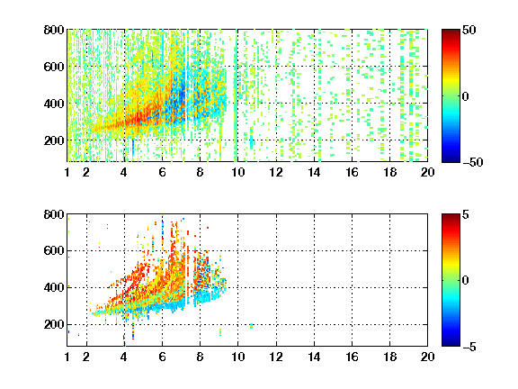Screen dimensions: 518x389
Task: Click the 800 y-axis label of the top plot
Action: (x=54, y=30)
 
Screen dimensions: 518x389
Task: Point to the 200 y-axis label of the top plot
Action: (x=54, y=140)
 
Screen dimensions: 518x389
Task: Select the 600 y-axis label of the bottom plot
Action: (x=54, y=250)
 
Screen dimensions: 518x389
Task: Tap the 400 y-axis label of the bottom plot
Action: (x=54, y=287)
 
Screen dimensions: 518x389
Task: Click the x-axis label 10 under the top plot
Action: (x=237, y=172)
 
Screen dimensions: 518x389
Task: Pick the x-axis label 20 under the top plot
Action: (x=427, y=172)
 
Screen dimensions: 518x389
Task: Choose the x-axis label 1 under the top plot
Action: (x=67, y=172)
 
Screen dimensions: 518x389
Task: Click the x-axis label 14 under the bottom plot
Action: (x=314, y=357)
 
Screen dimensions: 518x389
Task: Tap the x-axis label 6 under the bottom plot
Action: (x=162, y=357)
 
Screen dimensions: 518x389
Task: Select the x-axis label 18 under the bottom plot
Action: (x=389, y=357)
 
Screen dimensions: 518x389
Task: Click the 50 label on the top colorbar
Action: (x=469, y=30)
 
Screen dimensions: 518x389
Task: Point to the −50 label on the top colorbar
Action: (x=473, y=162)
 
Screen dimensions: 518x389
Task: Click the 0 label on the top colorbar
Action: (x=466, y=96)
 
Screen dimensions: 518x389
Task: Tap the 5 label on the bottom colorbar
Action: (x=466, y=214)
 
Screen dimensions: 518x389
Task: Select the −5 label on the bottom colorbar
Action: (x=469, y=347)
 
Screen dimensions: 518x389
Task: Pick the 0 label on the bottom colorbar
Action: (x=466, y=281)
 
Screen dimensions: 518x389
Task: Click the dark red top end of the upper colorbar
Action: (x=451, y=32)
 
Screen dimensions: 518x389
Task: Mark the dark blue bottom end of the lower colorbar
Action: (x=451, y=344)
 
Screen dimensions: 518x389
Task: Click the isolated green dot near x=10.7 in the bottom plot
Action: (x=252, y=326)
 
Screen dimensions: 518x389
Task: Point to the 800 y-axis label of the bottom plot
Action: (x=54, y=214)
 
